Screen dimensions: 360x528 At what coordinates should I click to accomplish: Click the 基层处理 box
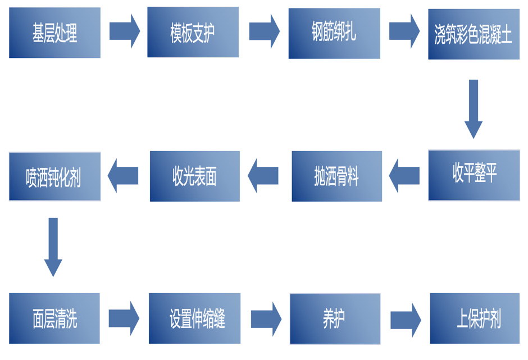(54, 33)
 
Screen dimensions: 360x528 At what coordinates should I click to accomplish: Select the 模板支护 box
(193, 32)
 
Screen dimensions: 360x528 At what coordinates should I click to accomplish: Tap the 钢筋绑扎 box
(334, 33)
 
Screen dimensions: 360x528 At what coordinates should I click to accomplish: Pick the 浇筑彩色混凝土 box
(474, 34)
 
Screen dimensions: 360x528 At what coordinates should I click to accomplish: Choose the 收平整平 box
(474, 175)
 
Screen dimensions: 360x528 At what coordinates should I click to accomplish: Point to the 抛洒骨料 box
(336, 176)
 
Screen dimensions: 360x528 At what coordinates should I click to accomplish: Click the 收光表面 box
(194, 176)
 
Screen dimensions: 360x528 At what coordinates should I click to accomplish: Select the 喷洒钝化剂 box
(54, 176)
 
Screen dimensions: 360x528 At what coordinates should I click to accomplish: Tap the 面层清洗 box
(54, 318)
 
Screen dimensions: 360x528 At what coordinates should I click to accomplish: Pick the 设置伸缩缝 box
(194, 318)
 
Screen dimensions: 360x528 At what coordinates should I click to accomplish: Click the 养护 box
(335, 318)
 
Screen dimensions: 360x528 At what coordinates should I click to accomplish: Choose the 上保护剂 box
(475, 318)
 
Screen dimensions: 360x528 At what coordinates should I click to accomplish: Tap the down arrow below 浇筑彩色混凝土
(474, 108)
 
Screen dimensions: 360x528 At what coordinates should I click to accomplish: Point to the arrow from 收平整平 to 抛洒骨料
(404, 175)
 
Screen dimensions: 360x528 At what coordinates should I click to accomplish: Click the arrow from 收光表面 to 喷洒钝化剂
(123, 175)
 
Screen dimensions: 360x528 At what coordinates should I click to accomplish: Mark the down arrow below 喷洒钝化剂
(53, 247)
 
